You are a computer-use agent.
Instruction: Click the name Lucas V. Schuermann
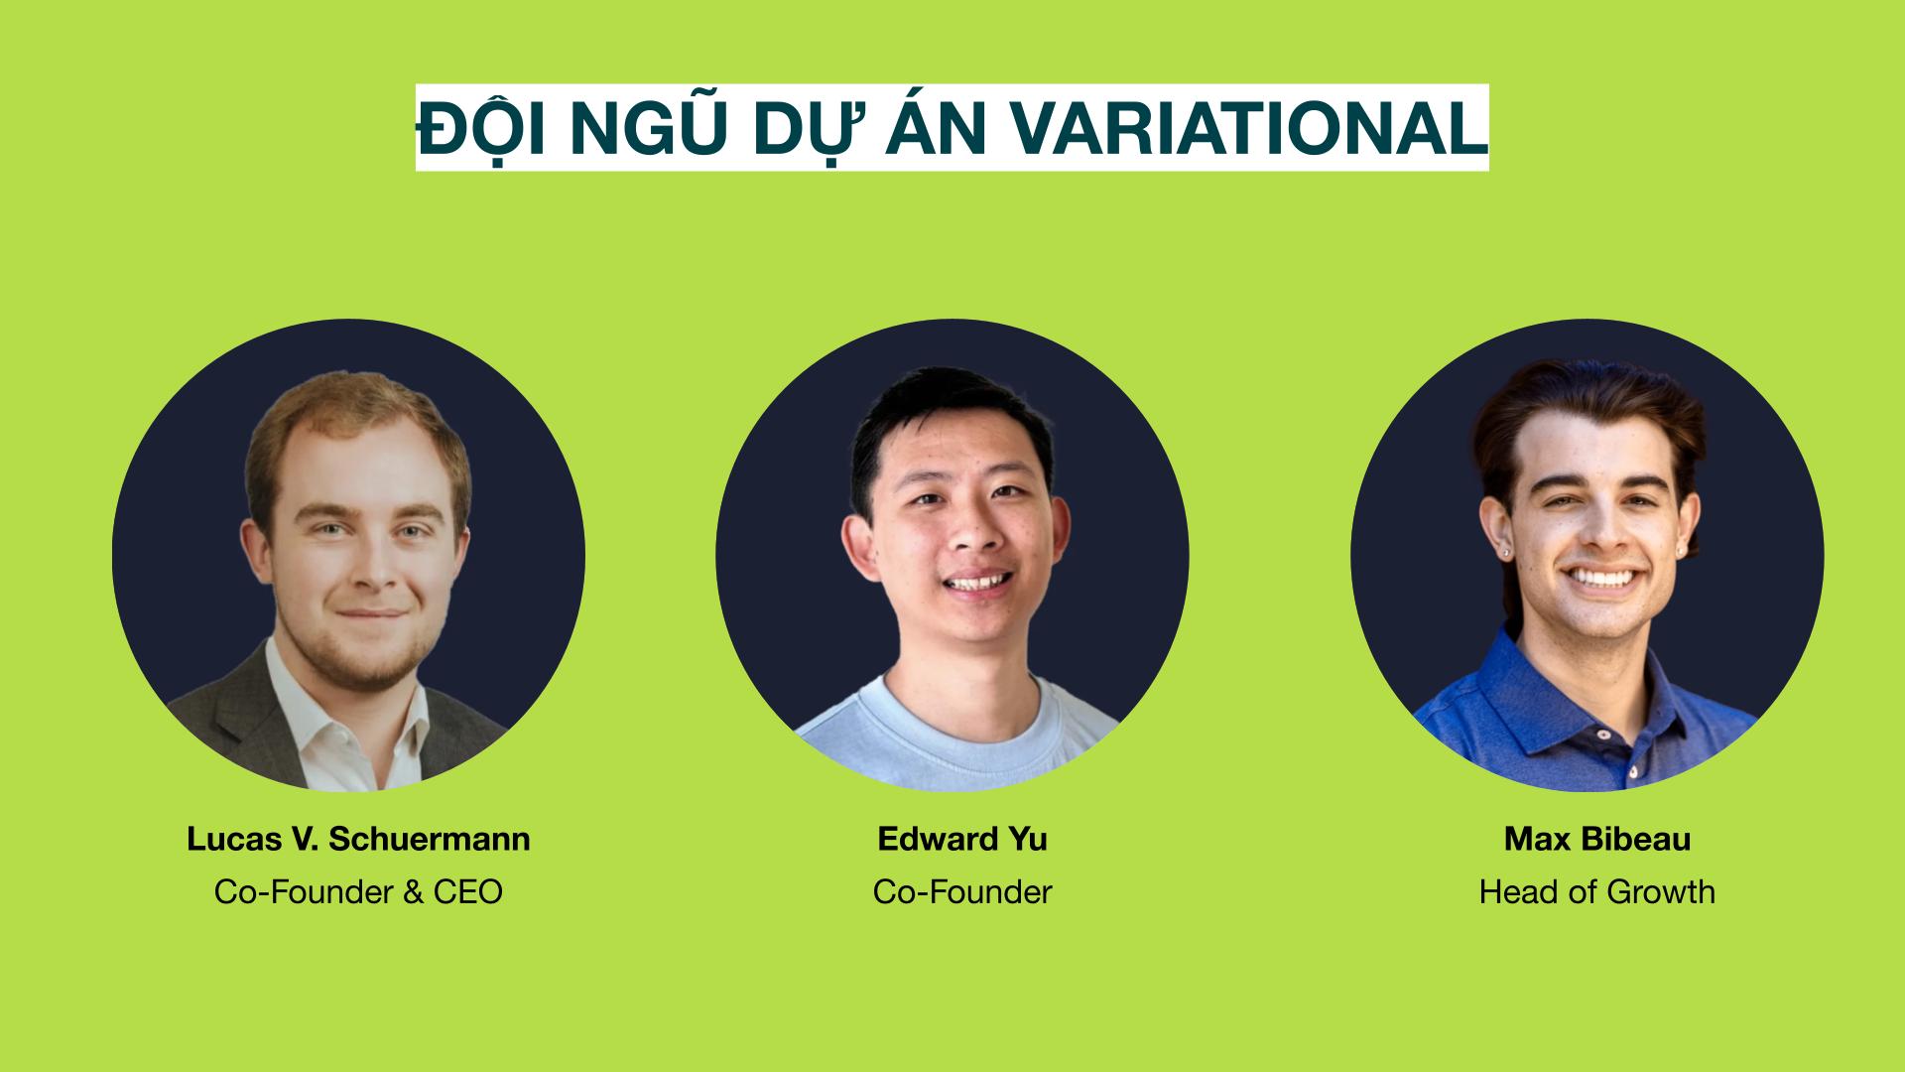tap(358, 839)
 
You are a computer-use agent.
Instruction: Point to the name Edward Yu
tap(962, 839)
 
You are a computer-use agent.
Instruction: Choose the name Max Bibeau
tap(1597, 839)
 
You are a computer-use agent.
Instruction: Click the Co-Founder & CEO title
tap(358, 891)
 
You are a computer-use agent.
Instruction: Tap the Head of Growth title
tap(1597, 891)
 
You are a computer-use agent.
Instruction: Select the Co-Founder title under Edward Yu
tap(962, 891)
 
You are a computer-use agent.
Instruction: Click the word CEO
tap(468, 891)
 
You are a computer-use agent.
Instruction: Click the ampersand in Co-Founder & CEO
tap(414, 891)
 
